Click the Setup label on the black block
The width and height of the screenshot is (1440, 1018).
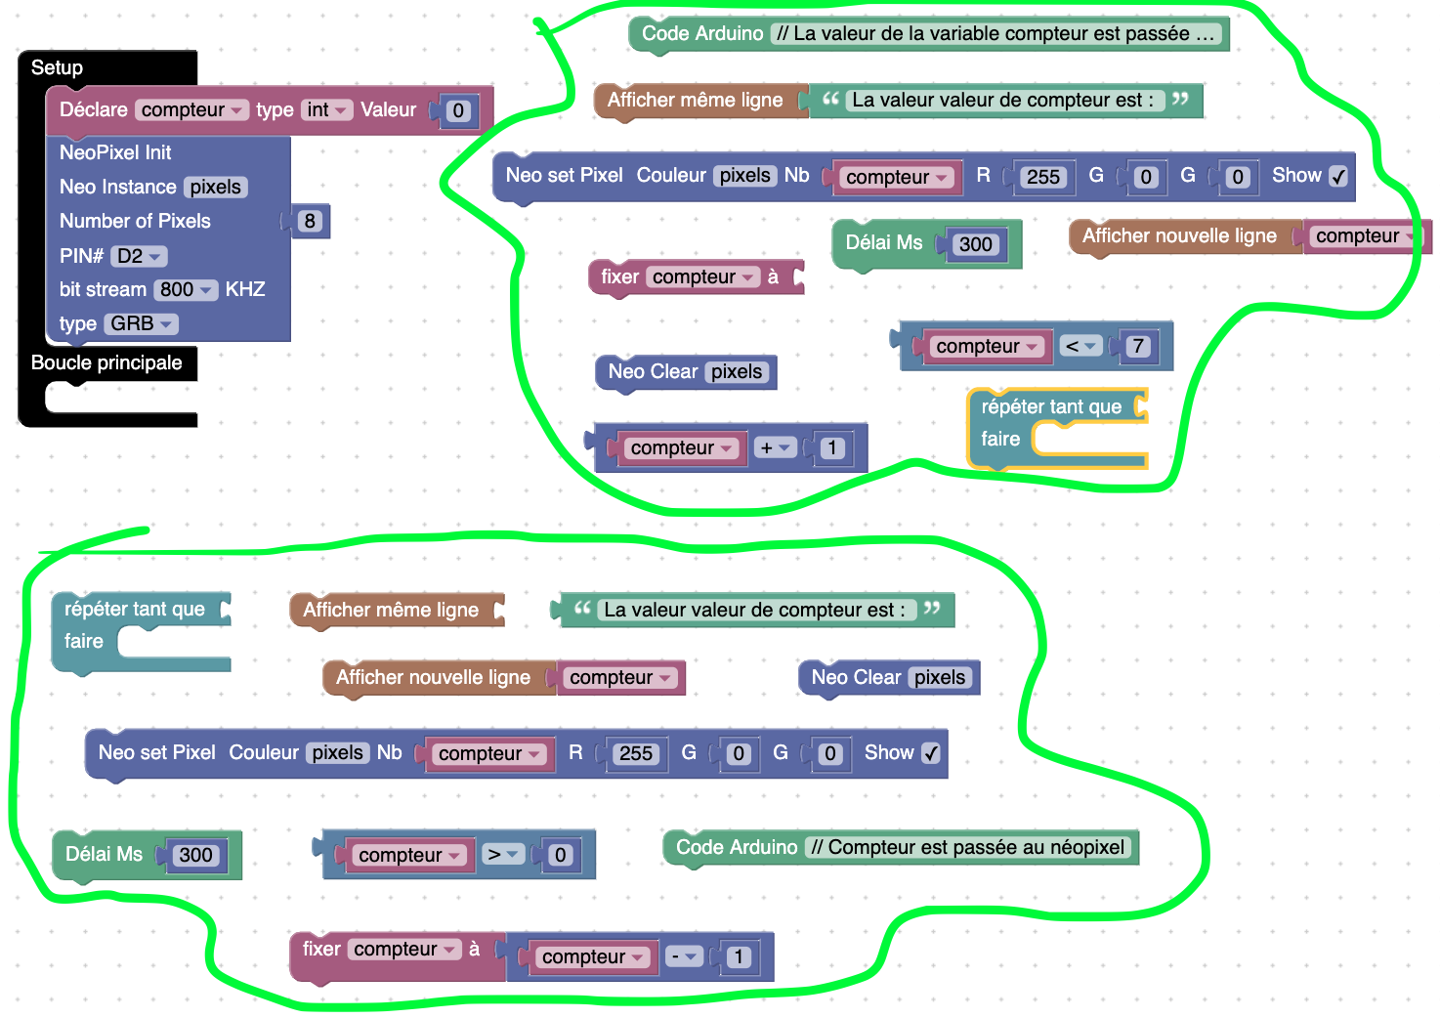57,67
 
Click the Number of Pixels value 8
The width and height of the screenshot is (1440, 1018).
310,221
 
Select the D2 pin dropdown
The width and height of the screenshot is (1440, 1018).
139,256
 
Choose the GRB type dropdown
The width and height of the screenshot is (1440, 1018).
141,323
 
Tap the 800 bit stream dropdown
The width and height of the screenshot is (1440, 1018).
186,289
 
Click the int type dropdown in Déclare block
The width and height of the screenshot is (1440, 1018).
326,109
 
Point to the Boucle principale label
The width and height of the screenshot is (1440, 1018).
106,362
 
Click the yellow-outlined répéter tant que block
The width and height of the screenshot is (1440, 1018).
1050,406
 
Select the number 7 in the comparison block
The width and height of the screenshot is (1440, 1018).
1137,346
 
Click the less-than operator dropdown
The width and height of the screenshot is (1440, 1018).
1080,346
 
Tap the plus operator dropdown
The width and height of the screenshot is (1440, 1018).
775,447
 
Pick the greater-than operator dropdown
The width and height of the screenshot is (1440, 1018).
502,855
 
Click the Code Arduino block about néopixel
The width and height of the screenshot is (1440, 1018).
899,847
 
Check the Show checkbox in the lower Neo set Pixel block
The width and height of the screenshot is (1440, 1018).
931,753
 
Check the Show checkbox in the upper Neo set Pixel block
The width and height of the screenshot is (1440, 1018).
1338,176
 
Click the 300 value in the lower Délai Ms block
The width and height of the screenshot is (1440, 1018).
195,855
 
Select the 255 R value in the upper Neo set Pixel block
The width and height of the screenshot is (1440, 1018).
1042,177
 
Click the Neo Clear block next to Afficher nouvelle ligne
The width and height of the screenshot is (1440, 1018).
888,677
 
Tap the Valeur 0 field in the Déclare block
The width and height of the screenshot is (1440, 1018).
457,110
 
